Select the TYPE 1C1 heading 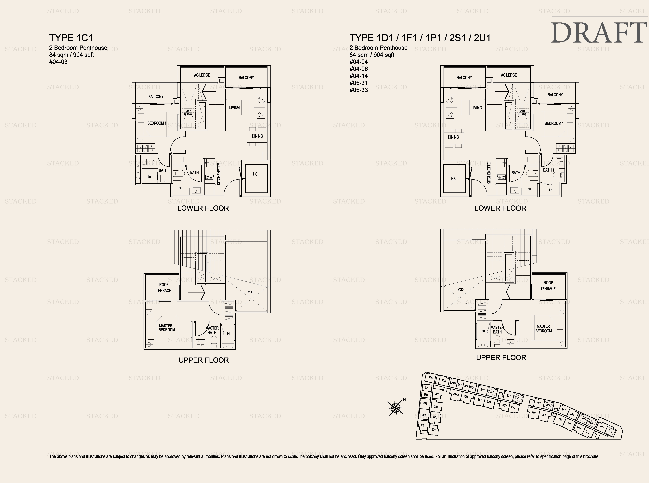pos(71,38)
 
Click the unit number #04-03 pos(58,62)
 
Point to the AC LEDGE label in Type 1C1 pos(202,75)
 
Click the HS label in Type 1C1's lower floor pos(255,174)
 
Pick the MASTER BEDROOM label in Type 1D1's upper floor pos(543,329)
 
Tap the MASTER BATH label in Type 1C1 pos(212,330)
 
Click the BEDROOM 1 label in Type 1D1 pos(554,123)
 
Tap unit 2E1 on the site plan pos(423,425)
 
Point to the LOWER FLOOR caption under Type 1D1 pos(500,208)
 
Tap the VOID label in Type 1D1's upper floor pos(461,289)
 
